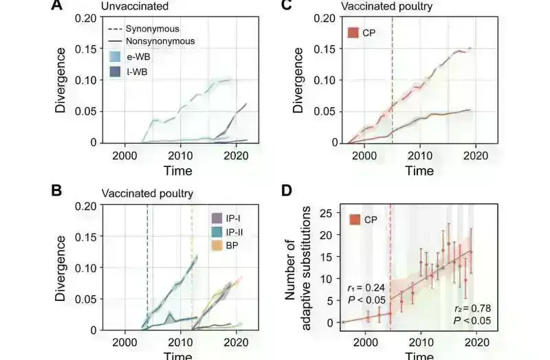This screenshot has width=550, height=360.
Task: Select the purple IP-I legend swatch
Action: click(215, 218)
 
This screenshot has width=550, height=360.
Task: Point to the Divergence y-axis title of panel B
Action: click(62, 268)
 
